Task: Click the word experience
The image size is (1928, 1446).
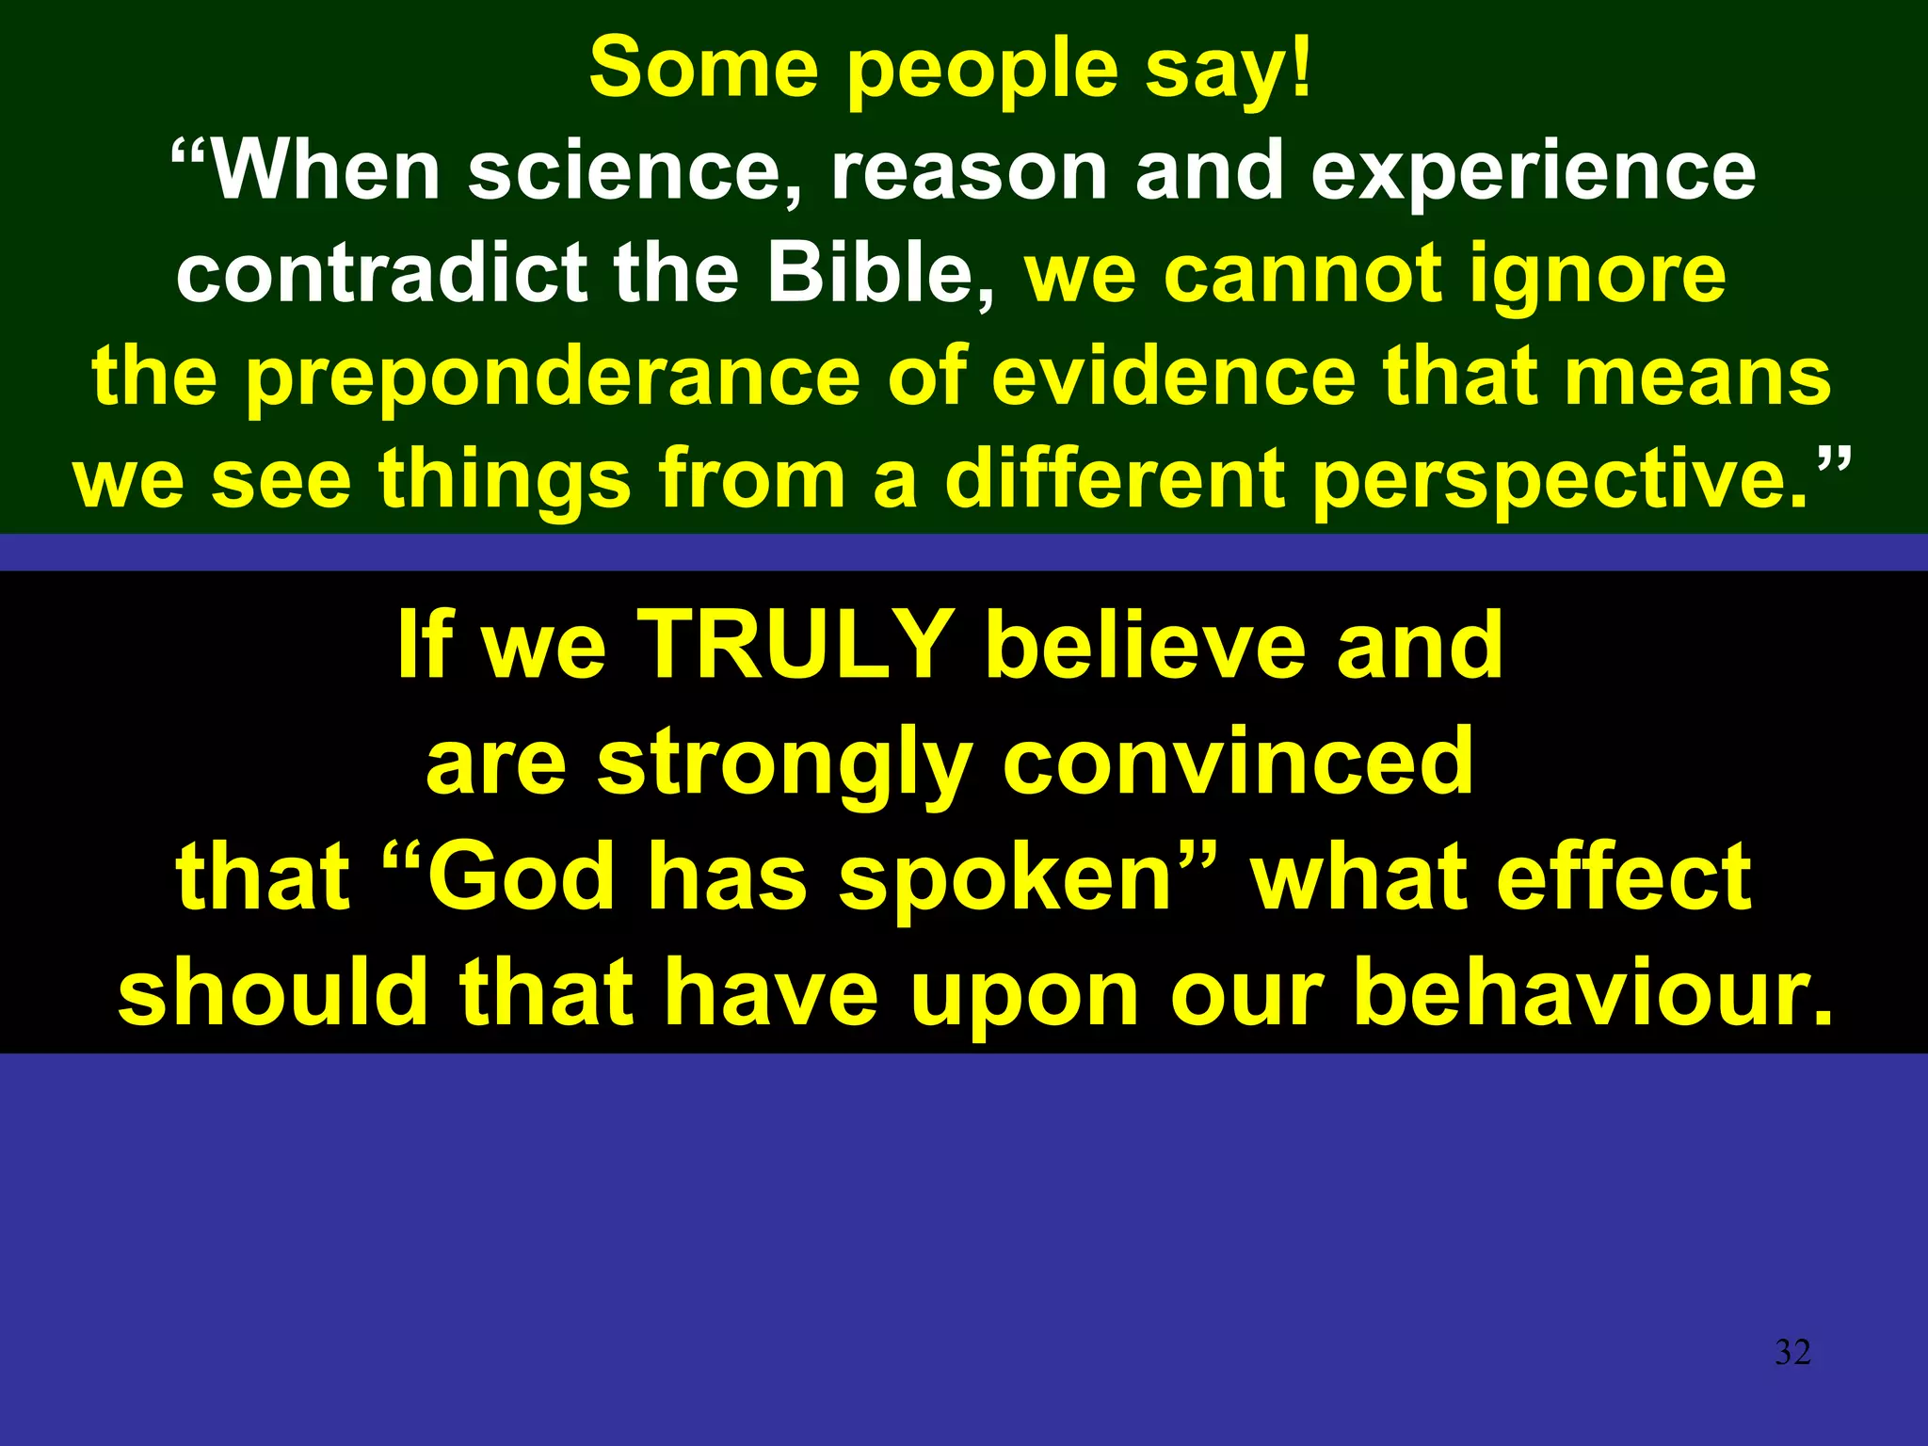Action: [1534, 175]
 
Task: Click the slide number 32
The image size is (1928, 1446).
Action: [1792, 1353]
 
